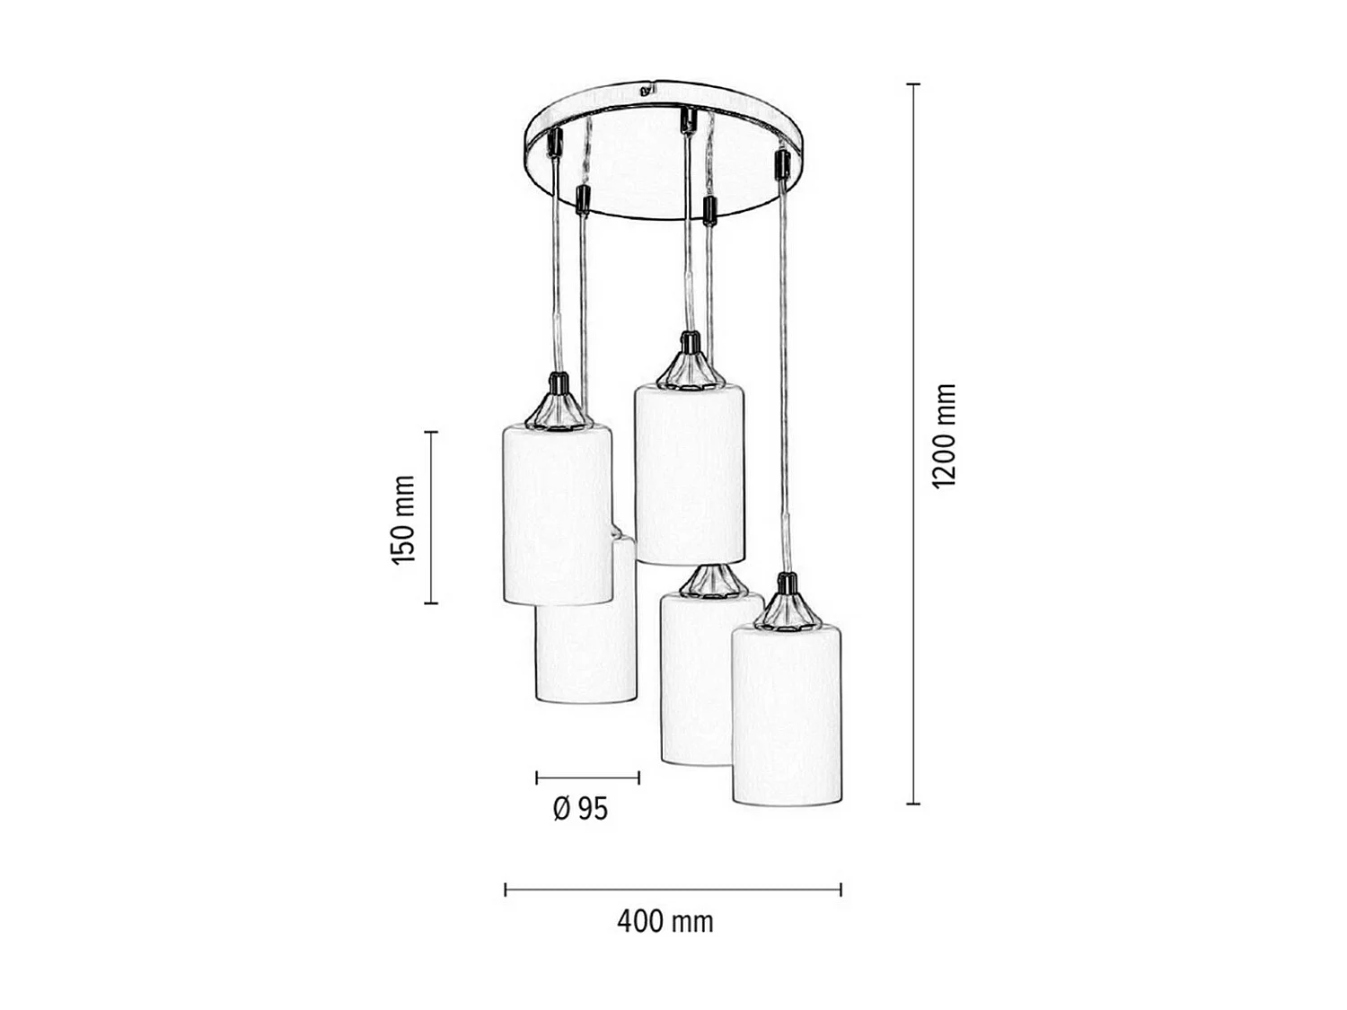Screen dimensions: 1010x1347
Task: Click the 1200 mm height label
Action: (945, 435)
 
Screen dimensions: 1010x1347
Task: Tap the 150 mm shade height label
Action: (404, 519)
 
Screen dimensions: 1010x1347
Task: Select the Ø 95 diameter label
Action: (580, 809)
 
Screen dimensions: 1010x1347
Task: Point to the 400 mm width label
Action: (665, 921)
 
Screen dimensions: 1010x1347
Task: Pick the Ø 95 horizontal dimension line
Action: (587, 777)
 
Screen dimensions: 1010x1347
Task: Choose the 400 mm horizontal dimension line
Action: (673, 890)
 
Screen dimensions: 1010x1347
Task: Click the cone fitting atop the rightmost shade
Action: (788, 607)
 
